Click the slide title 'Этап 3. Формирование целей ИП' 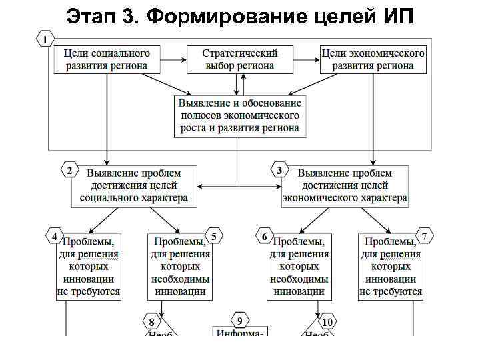coord(241,15)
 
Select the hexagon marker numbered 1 coord(45,40)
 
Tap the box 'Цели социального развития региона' coord(107,59)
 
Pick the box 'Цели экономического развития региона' coord(373,59)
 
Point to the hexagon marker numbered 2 coord(69,171)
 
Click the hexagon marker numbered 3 coord(280,171)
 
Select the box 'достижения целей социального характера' coord(134,185)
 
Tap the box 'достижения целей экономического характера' coord(345,185)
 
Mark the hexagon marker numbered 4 coord(54,236)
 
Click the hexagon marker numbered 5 coord(214,236)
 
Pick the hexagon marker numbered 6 coord(265,236)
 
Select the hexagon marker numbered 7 coord(424,236)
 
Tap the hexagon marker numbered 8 coord(152,323)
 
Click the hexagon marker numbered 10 coord(327,323)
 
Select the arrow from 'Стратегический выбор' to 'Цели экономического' coord(307,59)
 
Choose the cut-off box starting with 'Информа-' coord(240,331)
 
